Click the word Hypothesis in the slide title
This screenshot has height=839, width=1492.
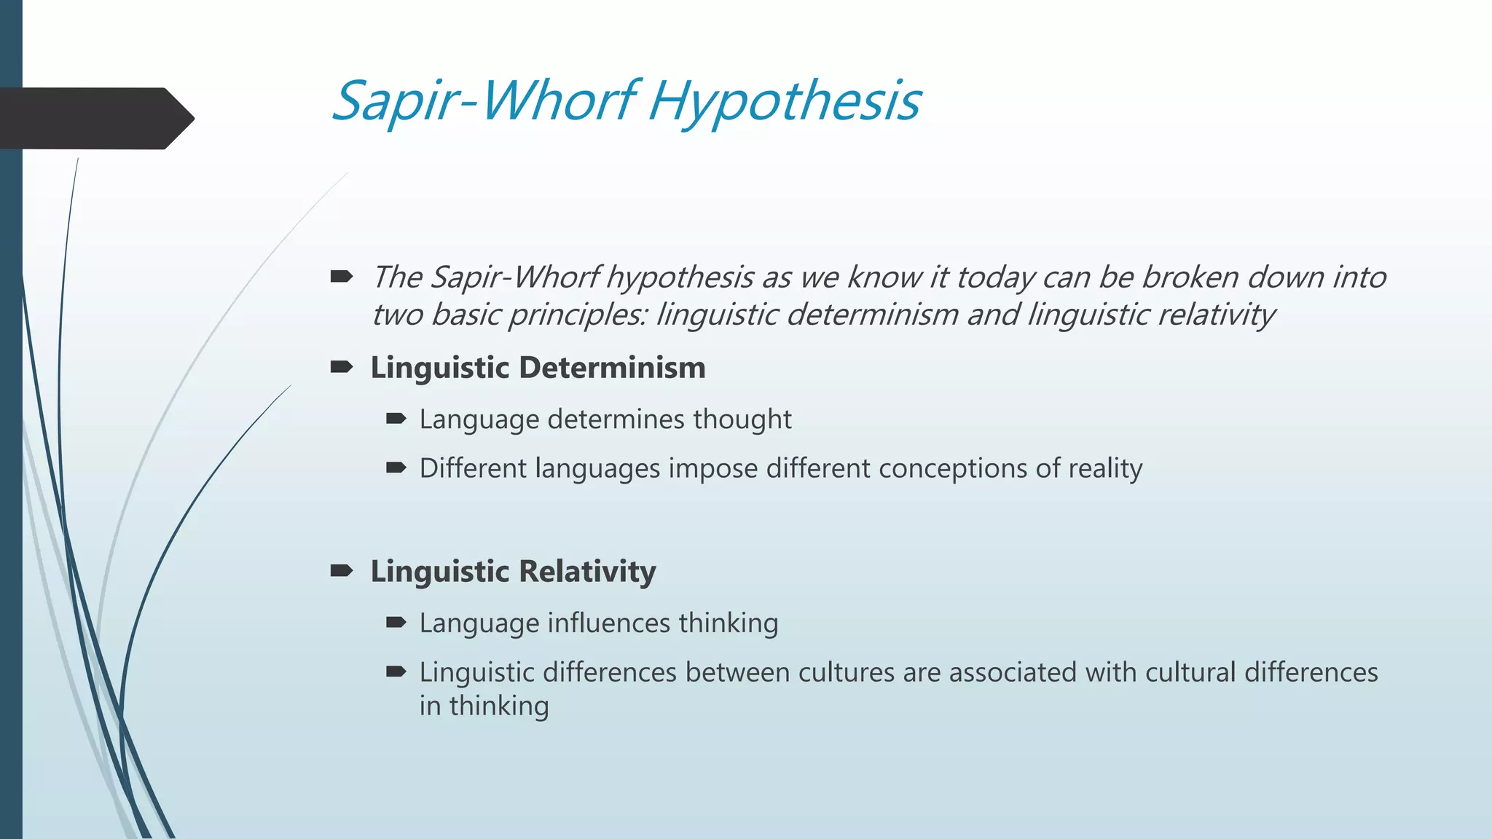784,102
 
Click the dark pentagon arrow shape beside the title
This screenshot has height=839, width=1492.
95,118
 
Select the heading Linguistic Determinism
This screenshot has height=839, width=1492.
538,368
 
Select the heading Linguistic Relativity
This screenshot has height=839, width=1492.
513,572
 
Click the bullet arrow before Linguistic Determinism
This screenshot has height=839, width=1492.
341,367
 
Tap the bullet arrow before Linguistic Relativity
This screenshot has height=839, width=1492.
341,571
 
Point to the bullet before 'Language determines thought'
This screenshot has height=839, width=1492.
396,419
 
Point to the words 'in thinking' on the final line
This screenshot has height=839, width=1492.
484,706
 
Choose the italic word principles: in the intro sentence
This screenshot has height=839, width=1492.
577,315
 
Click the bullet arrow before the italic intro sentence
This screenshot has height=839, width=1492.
341,277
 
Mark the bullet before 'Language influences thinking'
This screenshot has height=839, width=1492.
396,623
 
